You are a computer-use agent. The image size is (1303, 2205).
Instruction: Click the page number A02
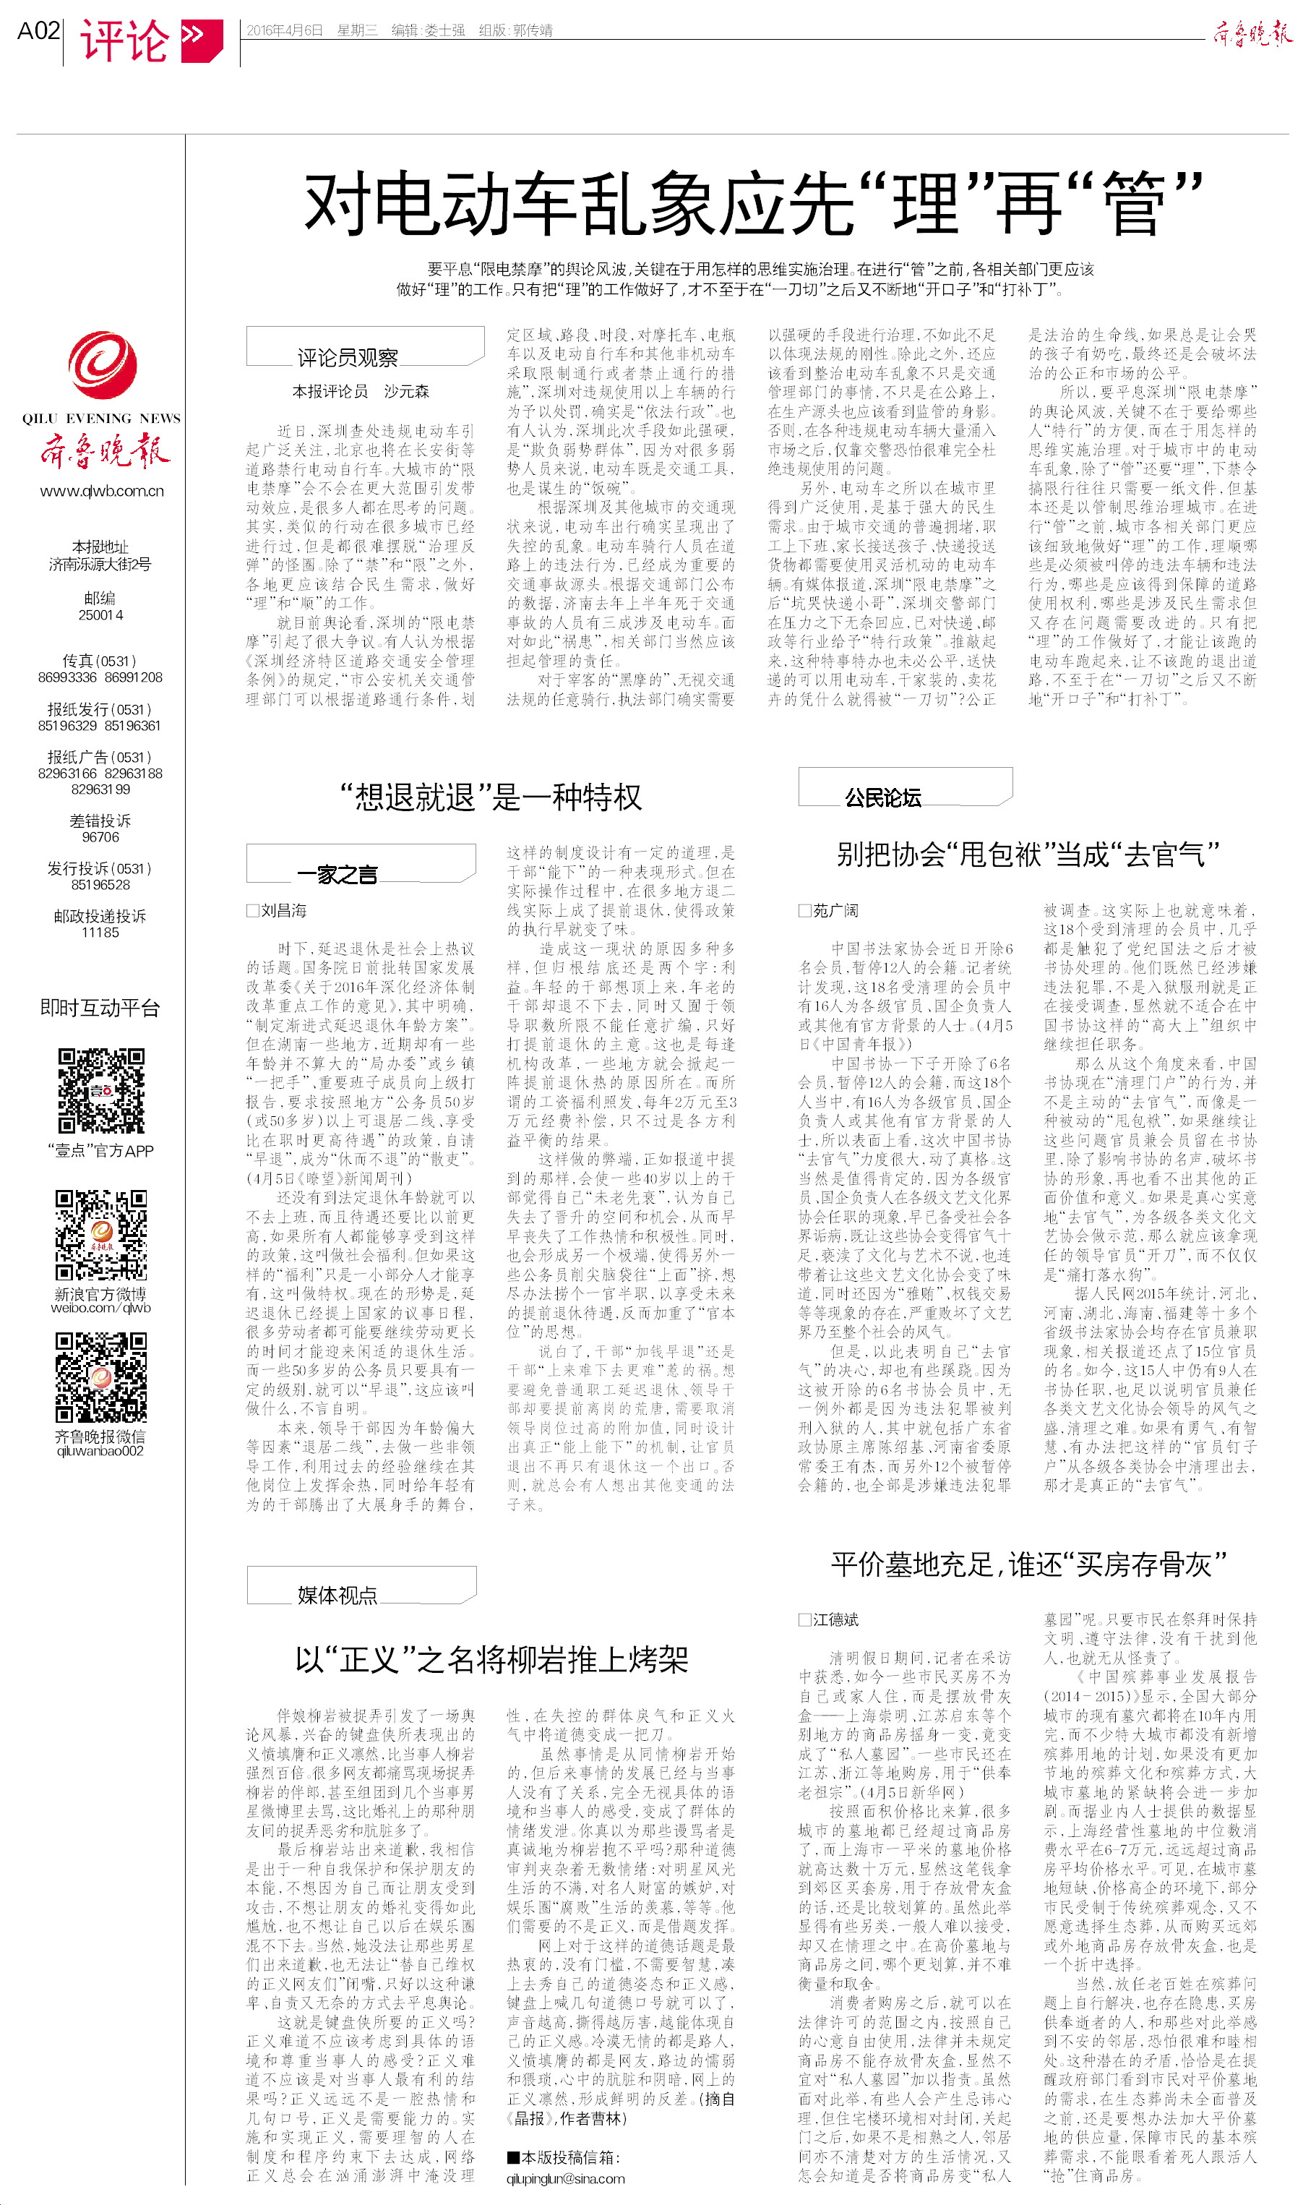(x=38, y=32)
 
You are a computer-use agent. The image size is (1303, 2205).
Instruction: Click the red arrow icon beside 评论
(x=201, y=38)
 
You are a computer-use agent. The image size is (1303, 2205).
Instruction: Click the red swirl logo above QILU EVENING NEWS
(x=102, y=367)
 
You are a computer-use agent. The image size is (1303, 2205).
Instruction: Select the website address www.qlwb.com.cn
(x=102, y=491)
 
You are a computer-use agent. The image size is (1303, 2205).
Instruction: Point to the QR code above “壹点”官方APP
(x=101, y=1091)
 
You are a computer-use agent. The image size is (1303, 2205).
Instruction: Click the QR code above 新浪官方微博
(x=101, y=1235)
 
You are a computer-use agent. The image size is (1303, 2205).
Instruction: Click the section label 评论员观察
(x=348, y=357)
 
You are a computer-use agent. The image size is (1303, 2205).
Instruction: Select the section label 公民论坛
(x=882, y=797)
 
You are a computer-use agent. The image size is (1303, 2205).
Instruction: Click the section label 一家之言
(x=337, y=874)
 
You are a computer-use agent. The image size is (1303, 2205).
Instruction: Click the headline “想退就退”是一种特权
(x=491, y=797)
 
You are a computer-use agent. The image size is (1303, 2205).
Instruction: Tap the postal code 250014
(x=101, y=615)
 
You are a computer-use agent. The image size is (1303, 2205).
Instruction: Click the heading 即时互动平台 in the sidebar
(x=100, y=1008)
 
